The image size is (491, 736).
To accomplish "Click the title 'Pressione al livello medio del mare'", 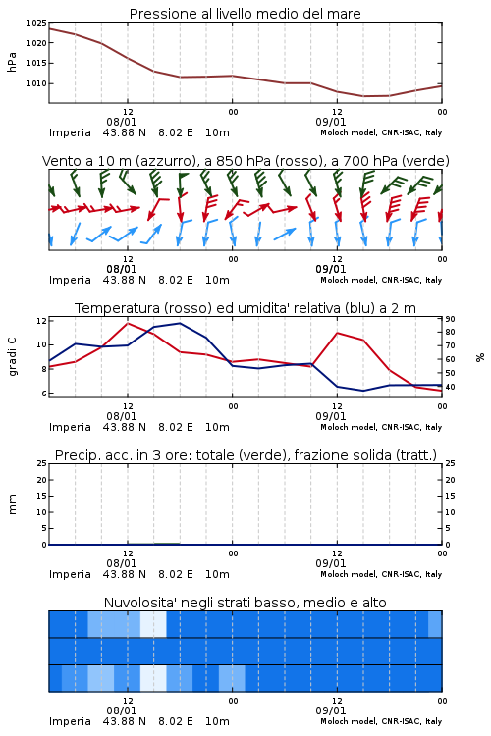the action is pos(245,14).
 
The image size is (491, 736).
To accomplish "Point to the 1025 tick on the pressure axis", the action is pos(36,23).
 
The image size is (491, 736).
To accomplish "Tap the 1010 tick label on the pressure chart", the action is pos(36,83).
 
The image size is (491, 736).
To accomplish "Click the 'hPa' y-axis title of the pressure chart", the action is pos(12,63).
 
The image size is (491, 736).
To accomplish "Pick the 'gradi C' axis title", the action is pos(13,357).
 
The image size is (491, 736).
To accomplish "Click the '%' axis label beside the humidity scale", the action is pos(480,357).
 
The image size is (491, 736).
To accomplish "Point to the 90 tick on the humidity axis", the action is pos(450,319).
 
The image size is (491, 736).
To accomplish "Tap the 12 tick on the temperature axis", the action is pos(41,321).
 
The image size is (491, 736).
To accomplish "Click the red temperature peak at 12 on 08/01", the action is pos(128,323).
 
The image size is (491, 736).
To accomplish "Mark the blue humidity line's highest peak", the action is pos(180,323).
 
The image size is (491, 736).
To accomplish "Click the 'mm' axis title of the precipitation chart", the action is pos(12,503).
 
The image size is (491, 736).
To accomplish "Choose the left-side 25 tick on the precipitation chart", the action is pos(41,463).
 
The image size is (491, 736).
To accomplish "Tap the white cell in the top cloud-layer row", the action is pos(153,624).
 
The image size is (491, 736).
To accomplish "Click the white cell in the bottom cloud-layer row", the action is pos(153,678).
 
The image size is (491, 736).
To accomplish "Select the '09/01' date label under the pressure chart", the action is pos(331,122).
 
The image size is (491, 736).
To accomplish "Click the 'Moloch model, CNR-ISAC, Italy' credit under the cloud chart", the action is pos(381,721).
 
